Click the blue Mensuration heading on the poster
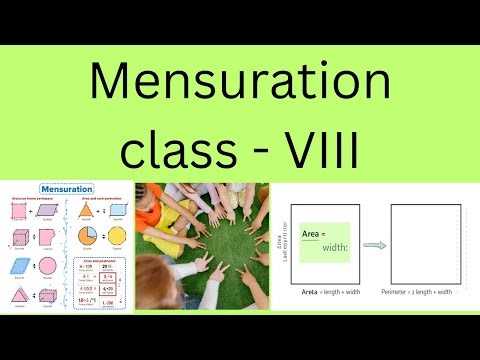click(66, 188)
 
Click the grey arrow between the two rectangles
click(373, 243)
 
